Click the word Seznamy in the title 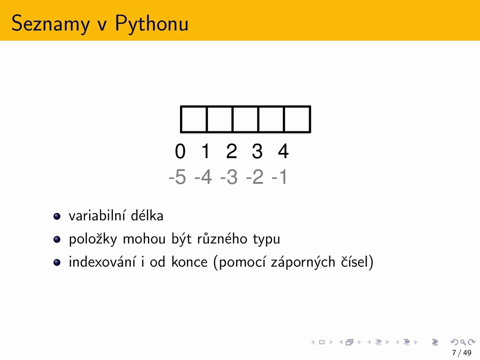click(x=51, y=23)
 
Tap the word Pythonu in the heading click(x=151, y=23)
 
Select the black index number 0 click(x=180, y=151)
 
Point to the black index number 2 click(x=232, y=151)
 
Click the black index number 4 click(x=283, y=151)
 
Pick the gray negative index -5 click(x=177, y=177)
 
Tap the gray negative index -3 click(x=229, y=177)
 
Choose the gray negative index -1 click(x=279, y=177)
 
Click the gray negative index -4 click(x=203, y=177)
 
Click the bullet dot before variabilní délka click(x=57, y=216)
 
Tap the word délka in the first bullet click(x=147, y=215)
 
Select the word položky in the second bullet click(x=93, y=239)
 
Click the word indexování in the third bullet click(x=102, y=261)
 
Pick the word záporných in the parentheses click(x=303, y=262)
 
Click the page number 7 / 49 click(x=462, y=353)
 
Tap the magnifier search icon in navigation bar click(x=463, y=342)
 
